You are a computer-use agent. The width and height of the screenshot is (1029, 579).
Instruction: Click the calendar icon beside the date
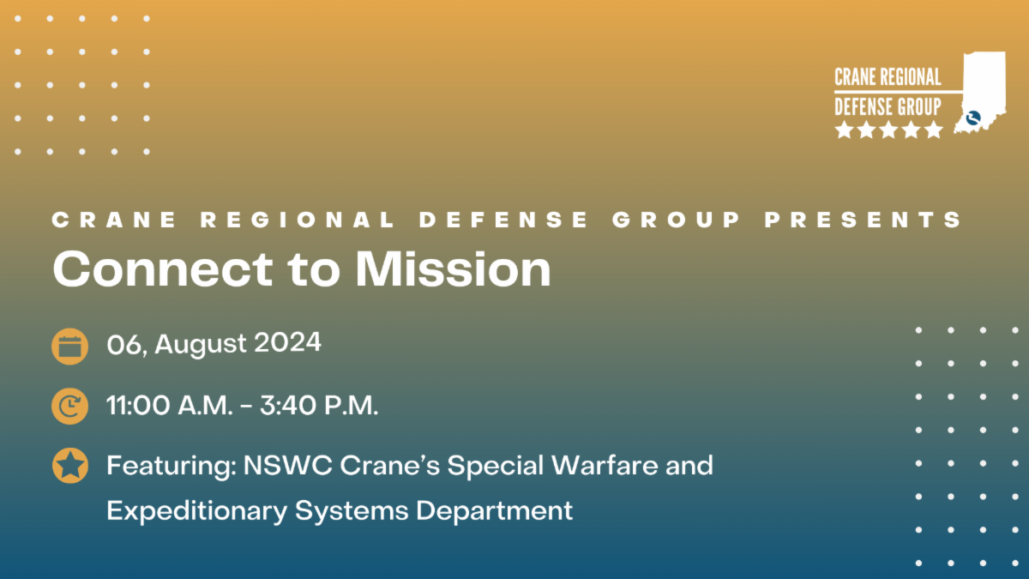pyautogui.click(x=69, y=347)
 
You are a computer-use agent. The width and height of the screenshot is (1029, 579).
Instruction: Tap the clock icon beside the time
pyautogui.click(x=69, y=406)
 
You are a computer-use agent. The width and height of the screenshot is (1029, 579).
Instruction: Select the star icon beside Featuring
pyautogui.click(x=69, y=466)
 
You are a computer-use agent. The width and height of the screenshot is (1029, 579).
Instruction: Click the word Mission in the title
pyautogui.click(x=454, y=268)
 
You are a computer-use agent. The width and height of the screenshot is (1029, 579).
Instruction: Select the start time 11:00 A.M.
pyautogui.click(x=169, y=406)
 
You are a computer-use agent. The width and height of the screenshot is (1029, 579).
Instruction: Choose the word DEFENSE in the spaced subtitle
pyautogui.click(x=504, y=220)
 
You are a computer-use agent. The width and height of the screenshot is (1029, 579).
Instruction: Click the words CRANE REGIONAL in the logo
pyautogui.click(x=888, y=77)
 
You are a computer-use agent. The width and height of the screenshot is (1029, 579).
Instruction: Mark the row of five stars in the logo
pyautogui.click(x=889, y=130)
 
